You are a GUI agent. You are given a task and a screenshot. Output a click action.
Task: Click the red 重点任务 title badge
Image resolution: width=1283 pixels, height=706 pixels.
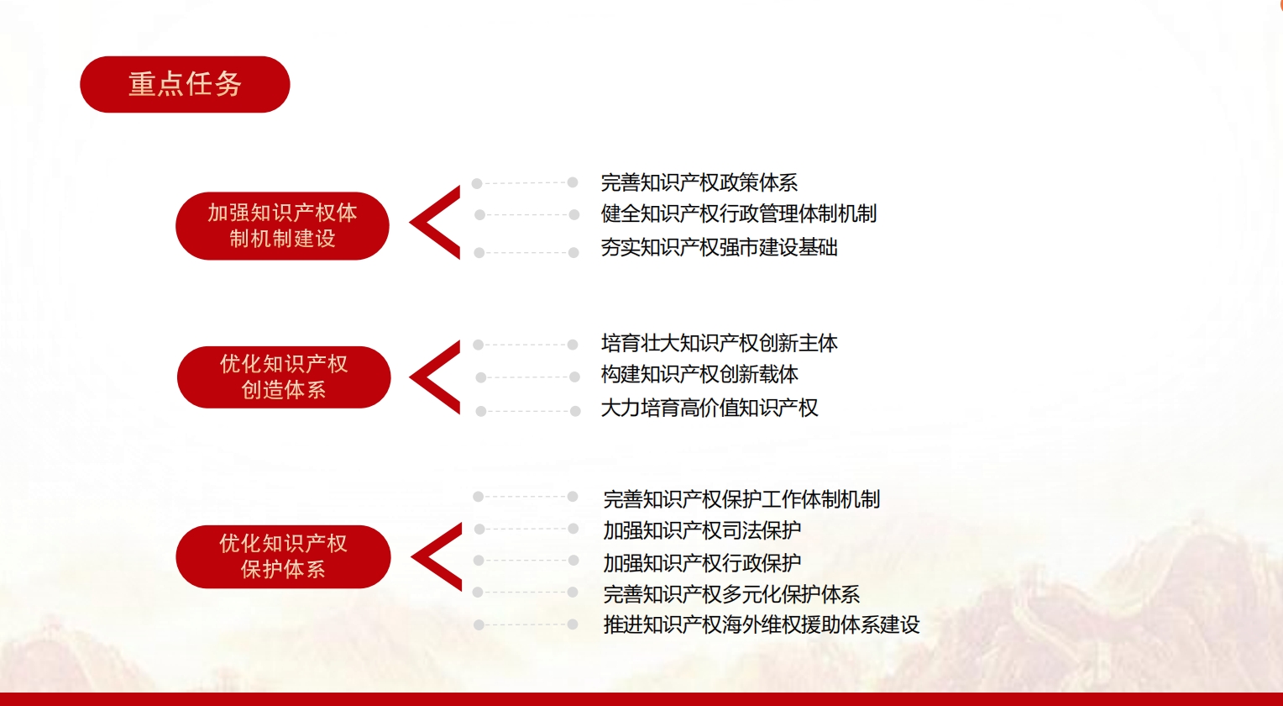[x=185, y=84]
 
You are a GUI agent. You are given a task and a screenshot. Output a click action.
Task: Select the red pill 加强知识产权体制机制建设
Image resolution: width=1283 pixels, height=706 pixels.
[x=282, y=226]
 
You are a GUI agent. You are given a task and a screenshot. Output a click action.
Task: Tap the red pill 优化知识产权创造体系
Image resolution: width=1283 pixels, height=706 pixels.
[x=284, y=377]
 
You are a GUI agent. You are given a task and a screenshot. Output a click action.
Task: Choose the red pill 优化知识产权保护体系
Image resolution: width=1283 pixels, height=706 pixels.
[x=284, y=557]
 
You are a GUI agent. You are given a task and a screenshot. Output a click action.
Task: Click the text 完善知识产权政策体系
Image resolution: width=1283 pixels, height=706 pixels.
[x=699, y=183]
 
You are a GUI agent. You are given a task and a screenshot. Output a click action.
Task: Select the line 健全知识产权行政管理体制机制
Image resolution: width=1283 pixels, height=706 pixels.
[x=739, y=214]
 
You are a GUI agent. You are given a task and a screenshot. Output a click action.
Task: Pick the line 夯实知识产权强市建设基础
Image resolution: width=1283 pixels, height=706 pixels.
[x=720, y=248]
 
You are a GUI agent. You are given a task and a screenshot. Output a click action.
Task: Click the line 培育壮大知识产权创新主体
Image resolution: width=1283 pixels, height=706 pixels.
[x=720, y=344]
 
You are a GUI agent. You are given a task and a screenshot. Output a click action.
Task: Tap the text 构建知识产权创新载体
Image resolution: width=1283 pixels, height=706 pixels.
[x=699, y=375]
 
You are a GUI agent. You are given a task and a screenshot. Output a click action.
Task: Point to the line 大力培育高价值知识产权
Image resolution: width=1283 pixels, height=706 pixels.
[x=710, y=408]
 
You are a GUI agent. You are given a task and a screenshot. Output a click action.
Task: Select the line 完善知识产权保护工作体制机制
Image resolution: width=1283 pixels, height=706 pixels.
[x=741, y=499]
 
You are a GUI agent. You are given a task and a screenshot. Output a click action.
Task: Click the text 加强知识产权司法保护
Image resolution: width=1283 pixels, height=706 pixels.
[x=702, y=530]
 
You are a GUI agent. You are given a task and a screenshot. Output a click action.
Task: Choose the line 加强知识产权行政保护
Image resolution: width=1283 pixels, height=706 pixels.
[x=702, y=563]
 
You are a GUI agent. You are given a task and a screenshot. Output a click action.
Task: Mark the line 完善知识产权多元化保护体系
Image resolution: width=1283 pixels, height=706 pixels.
[x=731, y=594]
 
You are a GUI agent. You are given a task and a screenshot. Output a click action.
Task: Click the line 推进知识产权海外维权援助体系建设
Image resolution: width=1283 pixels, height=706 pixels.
[x=762, y=624]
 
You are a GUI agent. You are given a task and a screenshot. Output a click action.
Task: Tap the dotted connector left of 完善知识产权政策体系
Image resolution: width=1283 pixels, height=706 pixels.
[x=525, y=183]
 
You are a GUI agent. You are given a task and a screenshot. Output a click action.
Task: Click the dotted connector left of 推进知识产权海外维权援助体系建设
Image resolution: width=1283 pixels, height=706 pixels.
[x=526, y=624]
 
